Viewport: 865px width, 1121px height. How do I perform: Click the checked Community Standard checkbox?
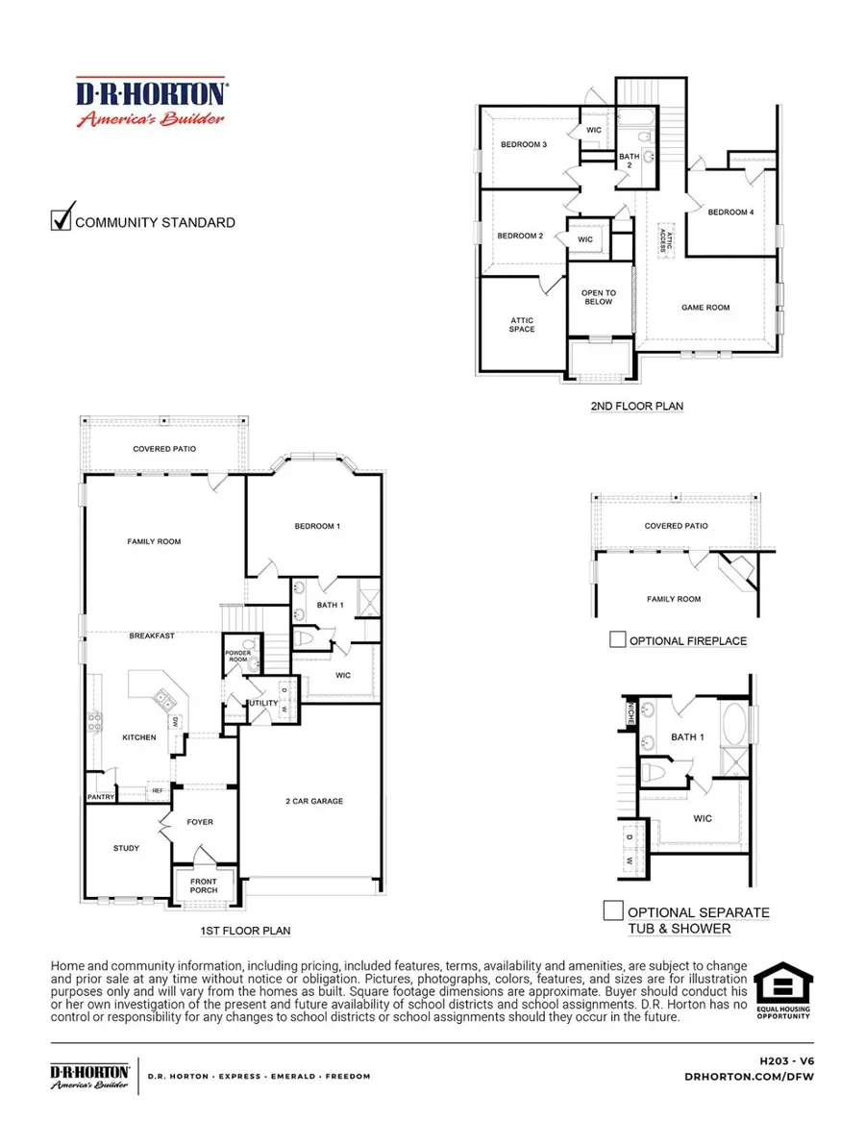tap(62, 220)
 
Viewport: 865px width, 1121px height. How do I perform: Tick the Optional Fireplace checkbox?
tap(618, 640)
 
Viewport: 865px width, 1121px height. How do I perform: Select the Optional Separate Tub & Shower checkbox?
tap(611, 910)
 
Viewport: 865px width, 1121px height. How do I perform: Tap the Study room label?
tap(126, 848)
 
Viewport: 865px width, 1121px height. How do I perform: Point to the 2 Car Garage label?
tap(313, 801)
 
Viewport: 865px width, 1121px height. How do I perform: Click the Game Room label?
tap(705, 308)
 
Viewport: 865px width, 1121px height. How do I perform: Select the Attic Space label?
tap(522, 325)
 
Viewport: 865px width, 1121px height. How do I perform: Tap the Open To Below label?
tap(599, 298)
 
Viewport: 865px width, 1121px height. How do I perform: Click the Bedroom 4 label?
tap(731, 212)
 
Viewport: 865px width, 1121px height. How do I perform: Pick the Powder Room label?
tap(237, 657)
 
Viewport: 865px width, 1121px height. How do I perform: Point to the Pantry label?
tap(101, 796)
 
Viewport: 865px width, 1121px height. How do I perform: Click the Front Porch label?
tap(203, 885)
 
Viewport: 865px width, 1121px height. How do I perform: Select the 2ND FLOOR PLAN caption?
tap(636, 407)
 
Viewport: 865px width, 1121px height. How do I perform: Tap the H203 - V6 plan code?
tap(786, 1059)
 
